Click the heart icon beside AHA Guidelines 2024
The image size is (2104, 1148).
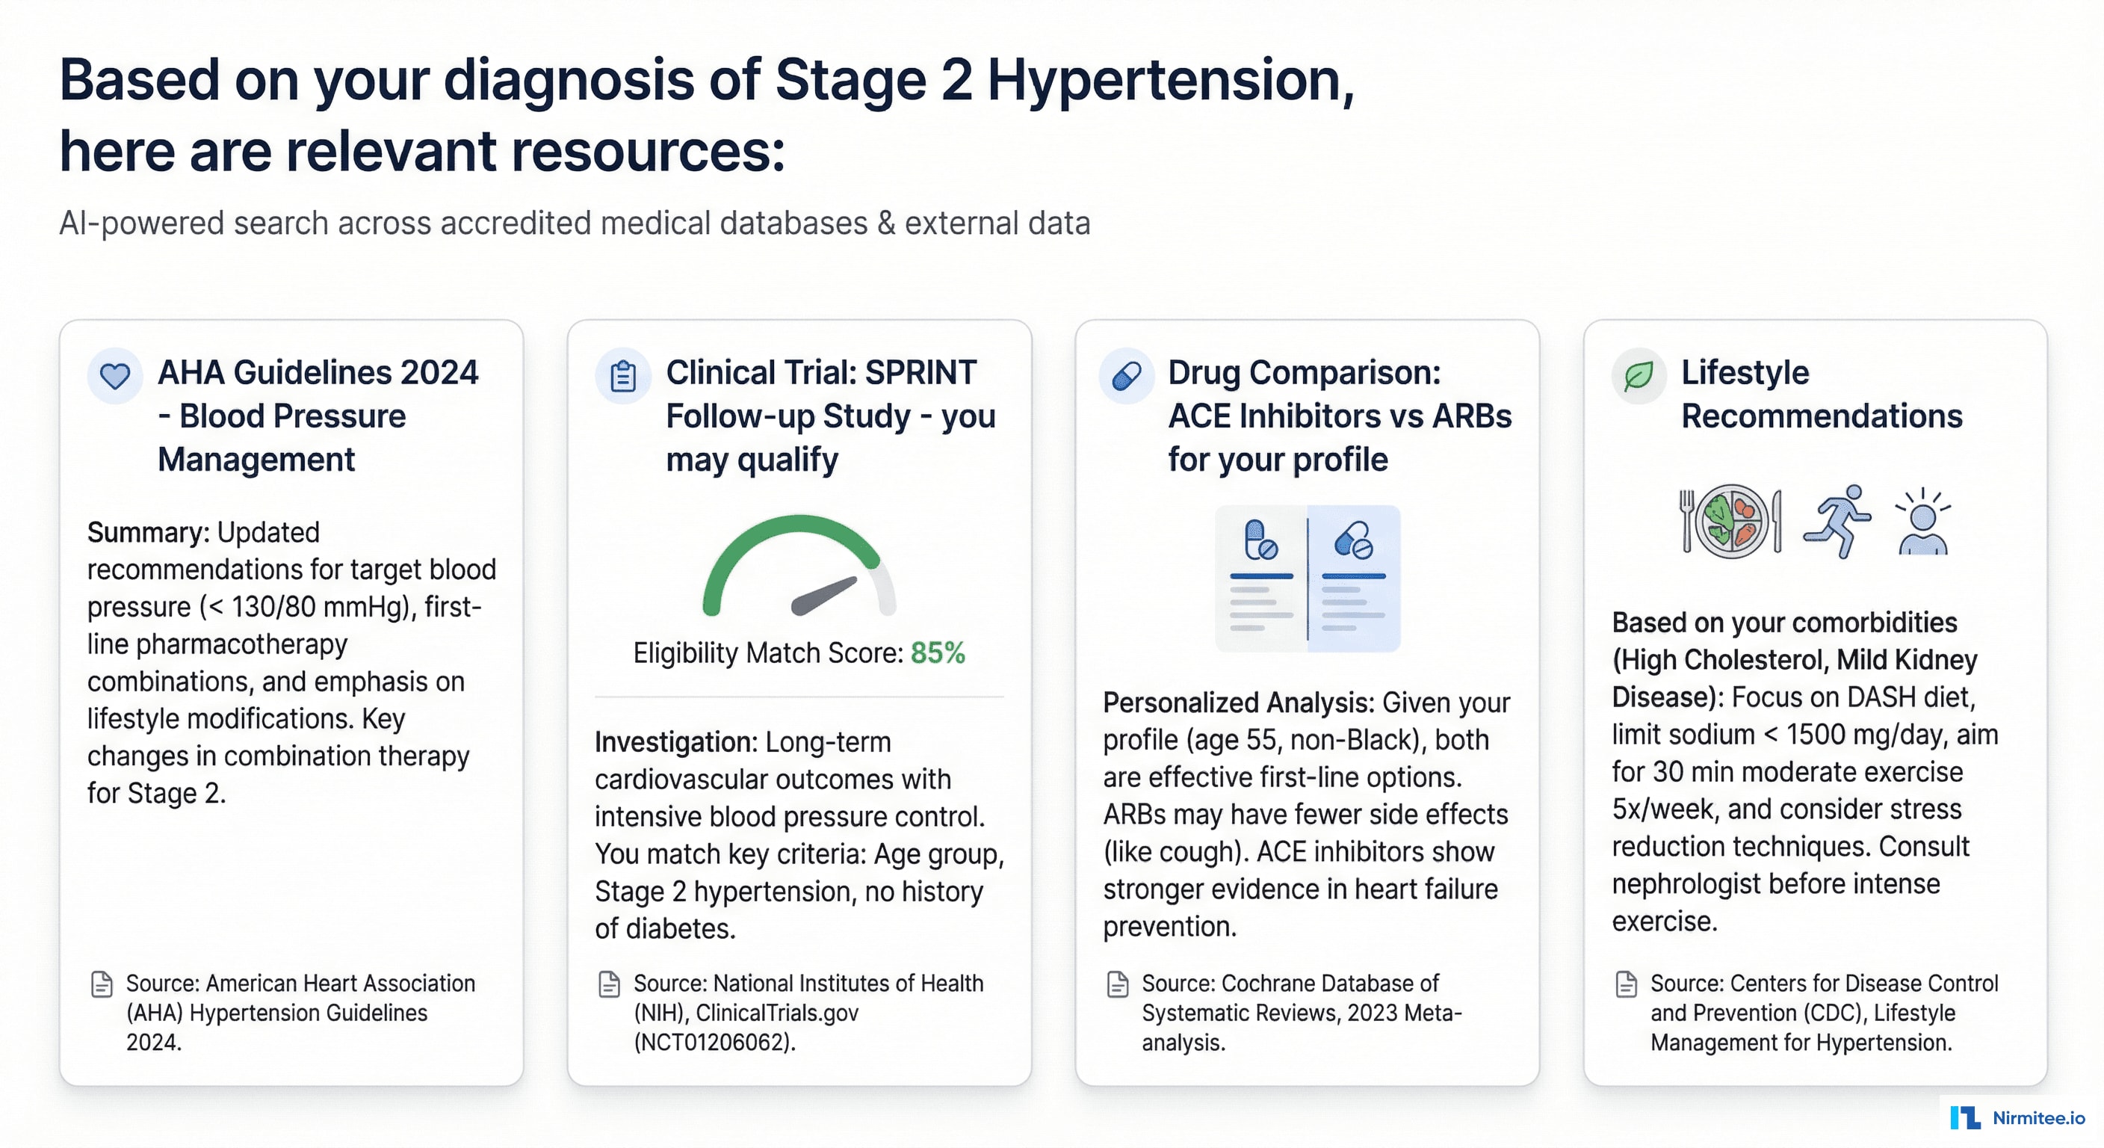tap(115, 376)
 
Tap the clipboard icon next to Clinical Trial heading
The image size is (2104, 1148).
tap(623, 376)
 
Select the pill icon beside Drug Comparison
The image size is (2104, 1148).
tap(1126, 376)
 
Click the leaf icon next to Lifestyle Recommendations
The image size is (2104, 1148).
tap(1639, 376)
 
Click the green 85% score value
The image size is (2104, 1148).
tap(938, 652)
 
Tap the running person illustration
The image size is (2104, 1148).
tap(1838, 521)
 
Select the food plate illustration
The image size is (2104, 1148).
tap(1730, 521)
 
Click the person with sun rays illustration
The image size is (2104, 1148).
tap(1922, 523)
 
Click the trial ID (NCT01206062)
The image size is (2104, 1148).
tap(714, 1043)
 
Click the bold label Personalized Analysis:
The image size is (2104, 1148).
tap(1238, 703)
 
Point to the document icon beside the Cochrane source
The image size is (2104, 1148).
tap(1117, 984)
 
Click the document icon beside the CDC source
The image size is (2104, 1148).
tap(1626, 984)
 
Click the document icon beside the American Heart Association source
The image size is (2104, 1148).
tap(102, 984)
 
